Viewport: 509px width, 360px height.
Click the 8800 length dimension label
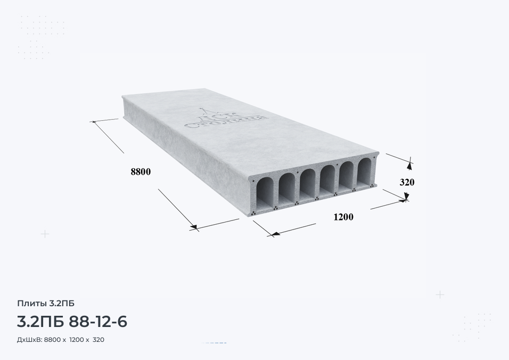coord(141,171)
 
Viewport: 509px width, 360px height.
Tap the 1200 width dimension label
coord(343,217)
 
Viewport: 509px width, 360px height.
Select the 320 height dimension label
coord(407,183)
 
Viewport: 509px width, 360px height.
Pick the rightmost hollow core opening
coord(365,170)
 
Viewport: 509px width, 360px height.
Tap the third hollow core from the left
coord(307,184)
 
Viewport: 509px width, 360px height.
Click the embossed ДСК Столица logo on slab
coord(227,118)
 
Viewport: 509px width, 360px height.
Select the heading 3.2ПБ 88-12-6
coord(72,322)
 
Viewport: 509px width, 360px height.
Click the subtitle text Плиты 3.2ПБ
coord(46,303)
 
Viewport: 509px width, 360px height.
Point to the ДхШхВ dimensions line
coord(61,340)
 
